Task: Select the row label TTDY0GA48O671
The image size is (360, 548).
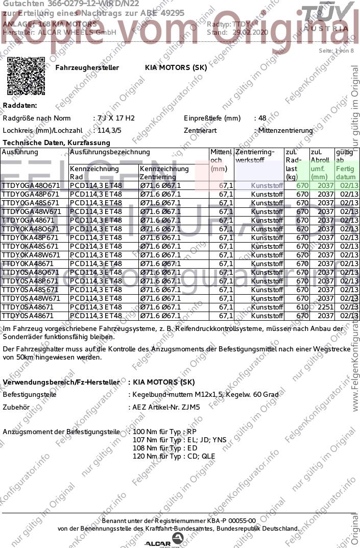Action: coord(31,185)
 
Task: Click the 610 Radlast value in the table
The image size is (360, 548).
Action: coord(302,307)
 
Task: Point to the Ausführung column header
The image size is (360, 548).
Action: coord(20,152)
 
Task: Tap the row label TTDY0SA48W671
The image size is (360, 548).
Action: coord(31,298)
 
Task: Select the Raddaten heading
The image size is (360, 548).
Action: coord(20,105)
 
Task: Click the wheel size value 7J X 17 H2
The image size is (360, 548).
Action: coord(116,118)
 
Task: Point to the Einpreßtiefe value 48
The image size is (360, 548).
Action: coord(262,118)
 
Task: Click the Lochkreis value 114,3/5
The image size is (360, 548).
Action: coord(109,130)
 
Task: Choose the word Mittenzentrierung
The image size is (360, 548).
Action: coord(285,131)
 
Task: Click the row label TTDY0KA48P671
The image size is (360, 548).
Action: coord(31,237)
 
